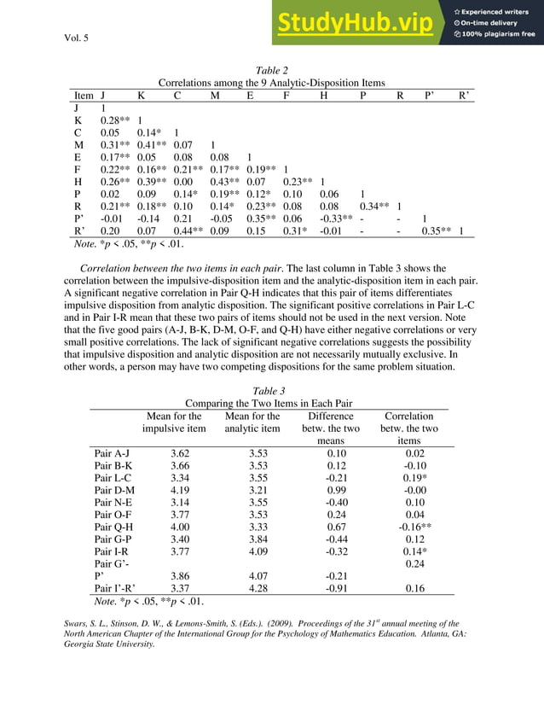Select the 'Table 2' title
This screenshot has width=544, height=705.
272,70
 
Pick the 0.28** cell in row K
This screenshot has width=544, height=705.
114,121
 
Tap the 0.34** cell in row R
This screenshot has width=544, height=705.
373,206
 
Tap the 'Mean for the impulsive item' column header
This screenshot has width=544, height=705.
174,422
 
